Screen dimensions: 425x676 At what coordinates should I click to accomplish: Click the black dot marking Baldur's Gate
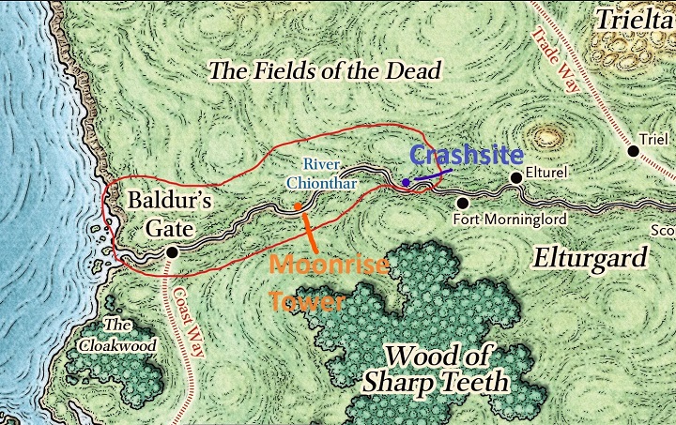(x=172, y=252)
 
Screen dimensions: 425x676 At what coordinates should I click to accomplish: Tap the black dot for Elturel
(x=515, y=177)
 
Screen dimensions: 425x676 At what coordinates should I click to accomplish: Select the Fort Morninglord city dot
(x=462, y=202)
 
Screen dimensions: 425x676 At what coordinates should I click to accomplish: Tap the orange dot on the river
(x=298, y=206)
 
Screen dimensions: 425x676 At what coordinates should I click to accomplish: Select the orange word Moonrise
(x=329, y=266)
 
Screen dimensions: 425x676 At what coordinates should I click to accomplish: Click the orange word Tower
(x=308, y=302)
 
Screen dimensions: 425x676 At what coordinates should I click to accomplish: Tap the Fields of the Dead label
(x=324, y=71)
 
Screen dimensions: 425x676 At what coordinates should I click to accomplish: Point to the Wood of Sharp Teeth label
(x=448, y=370)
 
